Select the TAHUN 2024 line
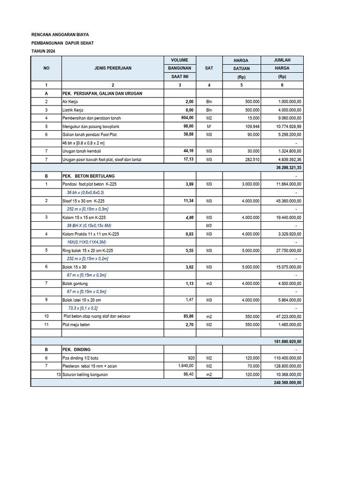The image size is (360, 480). tap(46, 52)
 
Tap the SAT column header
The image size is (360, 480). tap(209, 68)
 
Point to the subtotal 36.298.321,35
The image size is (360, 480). tap(286, 167)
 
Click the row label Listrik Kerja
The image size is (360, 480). tap(73, 110)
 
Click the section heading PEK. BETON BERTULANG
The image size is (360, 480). tap(88, 176)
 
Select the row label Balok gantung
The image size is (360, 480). tap(75, 284)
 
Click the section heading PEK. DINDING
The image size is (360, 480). tap(76, 350)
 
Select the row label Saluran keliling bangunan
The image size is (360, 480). tap(89, 375)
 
